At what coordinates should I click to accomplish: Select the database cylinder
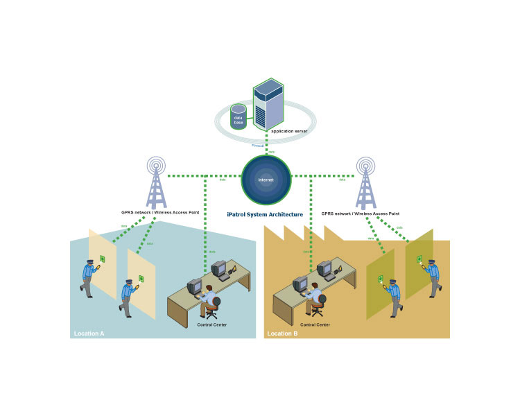(239, 118)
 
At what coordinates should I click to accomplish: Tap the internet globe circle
(266, 180)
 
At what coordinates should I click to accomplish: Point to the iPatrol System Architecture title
(265, 215)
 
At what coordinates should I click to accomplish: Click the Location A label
(89, 333)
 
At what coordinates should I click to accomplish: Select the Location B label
(282, 333)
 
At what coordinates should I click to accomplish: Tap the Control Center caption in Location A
(211, 324)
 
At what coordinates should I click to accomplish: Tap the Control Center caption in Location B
(315, 324)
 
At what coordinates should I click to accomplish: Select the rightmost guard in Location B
(432, 277)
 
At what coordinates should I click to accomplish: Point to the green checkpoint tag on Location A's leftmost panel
(103, 259)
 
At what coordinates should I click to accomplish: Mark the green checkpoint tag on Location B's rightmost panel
(419, 259)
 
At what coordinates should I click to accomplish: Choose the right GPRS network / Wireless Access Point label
(361, 214)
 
